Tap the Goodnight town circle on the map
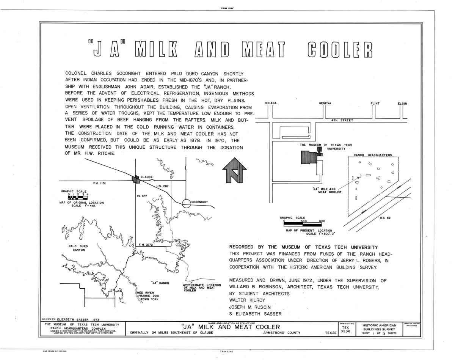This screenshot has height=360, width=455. (186, 203)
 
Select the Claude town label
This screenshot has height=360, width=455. (147, 177)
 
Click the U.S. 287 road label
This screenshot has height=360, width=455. (163, 186)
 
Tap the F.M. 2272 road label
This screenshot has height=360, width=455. (146, 245)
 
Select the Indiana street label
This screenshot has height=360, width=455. (270, 103)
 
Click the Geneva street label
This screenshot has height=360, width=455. (325, 103)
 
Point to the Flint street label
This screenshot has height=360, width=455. (375, 103)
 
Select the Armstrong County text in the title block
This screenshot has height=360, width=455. (282, 333)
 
